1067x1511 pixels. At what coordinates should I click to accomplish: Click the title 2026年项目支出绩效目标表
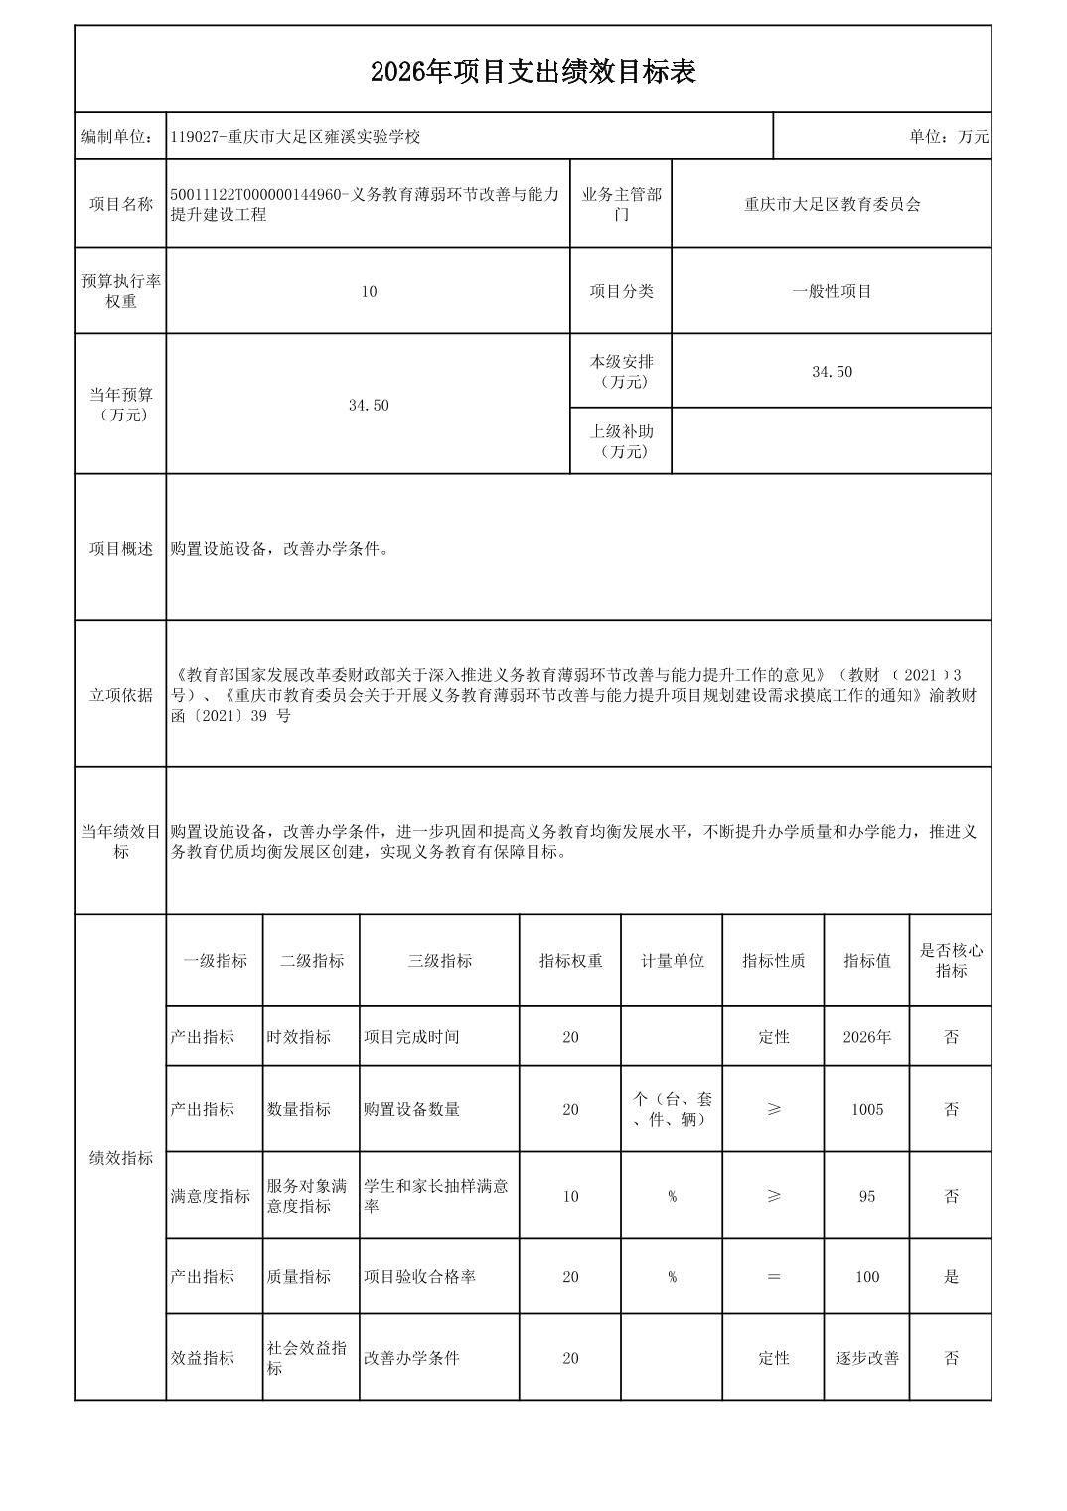tap(533, 72)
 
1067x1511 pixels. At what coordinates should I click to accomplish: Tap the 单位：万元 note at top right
tap(948, 137)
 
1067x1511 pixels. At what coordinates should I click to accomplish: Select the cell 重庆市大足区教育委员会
tap(832, 204)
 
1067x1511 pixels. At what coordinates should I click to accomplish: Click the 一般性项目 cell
tap(832, 291)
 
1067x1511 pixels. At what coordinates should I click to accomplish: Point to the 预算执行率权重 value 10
tap(369, 291)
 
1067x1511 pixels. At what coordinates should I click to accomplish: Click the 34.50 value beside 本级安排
tap(832, 372)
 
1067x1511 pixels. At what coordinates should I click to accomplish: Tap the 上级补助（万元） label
tap(621, 441)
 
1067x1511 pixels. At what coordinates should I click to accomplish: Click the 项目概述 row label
tap(121, 549)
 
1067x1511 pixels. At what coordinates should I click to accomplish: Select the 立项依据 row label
tap(121, 695)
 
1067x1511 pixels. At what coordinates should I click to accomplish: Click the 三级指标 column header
tap(439, 961)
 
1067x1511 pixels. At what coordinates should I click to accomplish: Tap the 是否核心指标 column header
tap(950, 961)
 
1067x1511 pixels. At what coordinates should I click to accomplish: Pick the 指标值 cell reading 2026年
tap(866, 1037)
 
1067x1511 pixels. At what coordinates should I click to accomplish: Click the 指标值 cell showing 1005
tap(866, 1109)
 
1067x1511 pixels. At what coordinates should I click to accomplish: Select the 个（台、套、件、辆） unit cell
tap(672, 1109)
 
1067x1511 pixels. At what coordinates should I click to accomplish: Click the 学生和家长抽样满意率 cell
tap(437, 1196)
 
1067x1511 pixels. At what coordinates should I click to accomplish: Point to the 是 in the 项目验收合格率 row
tap(951, 1277)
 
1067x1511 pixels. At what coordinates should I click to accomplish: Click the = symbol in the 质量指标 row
tap(773, 1277)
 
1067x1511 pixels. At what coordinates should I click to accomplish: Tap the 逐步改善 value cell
tap(866, 1358)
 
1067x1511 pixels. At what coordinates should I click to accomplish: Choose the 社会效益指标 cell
tap(308, 1358)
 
